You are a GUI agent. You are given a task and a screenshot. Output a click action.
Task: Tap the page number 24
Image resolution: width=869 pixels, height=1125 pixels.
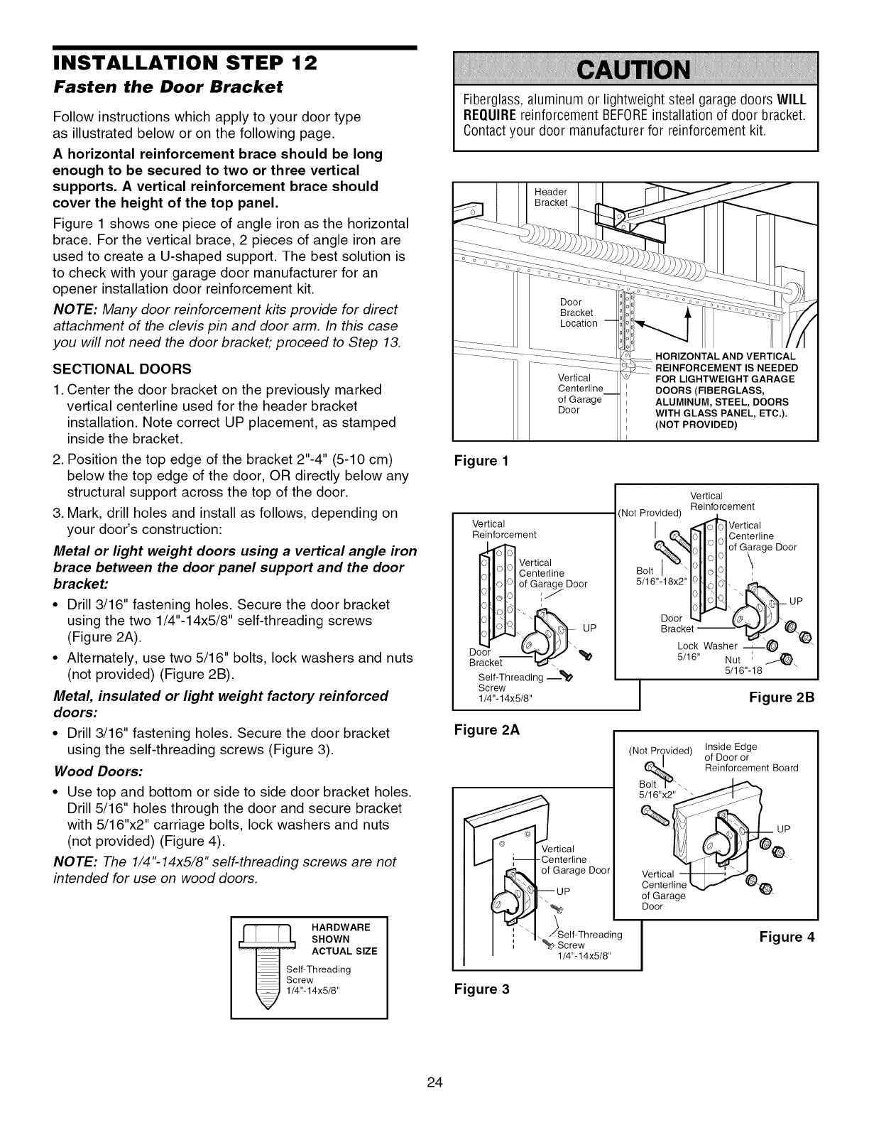434,1082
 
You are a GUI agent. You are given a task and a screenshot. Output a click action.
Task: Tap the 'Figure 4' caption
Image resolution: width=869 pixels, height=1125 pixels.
787,937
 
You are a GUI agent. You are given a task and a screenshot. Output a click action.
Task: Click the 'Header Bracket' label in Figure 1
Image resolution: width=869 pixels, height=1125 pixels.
551,197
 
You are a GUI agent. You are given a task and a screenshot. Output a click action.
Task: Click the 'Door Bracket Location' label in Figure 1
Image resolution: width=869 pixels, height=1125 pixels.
578,312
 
